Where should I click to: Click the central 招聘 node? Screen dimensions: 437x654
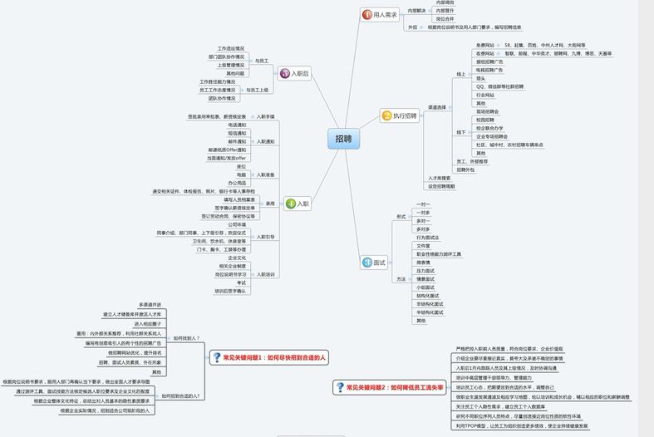point(343,139)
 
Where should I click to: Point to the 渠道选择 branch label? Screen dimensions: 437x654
point(437,107)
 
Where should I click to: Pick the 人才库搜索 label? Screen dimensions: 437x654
point(439,178)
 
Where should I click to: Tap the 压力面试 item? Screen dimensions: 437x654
point(425,270)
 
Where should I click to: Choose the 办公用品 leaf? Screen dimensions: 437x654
point(237,183)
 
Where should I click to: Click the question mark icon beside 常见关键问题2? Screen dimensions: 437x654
point(340,386)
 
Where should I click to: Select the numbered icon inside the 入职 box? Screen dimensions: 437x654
point(288,203)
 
